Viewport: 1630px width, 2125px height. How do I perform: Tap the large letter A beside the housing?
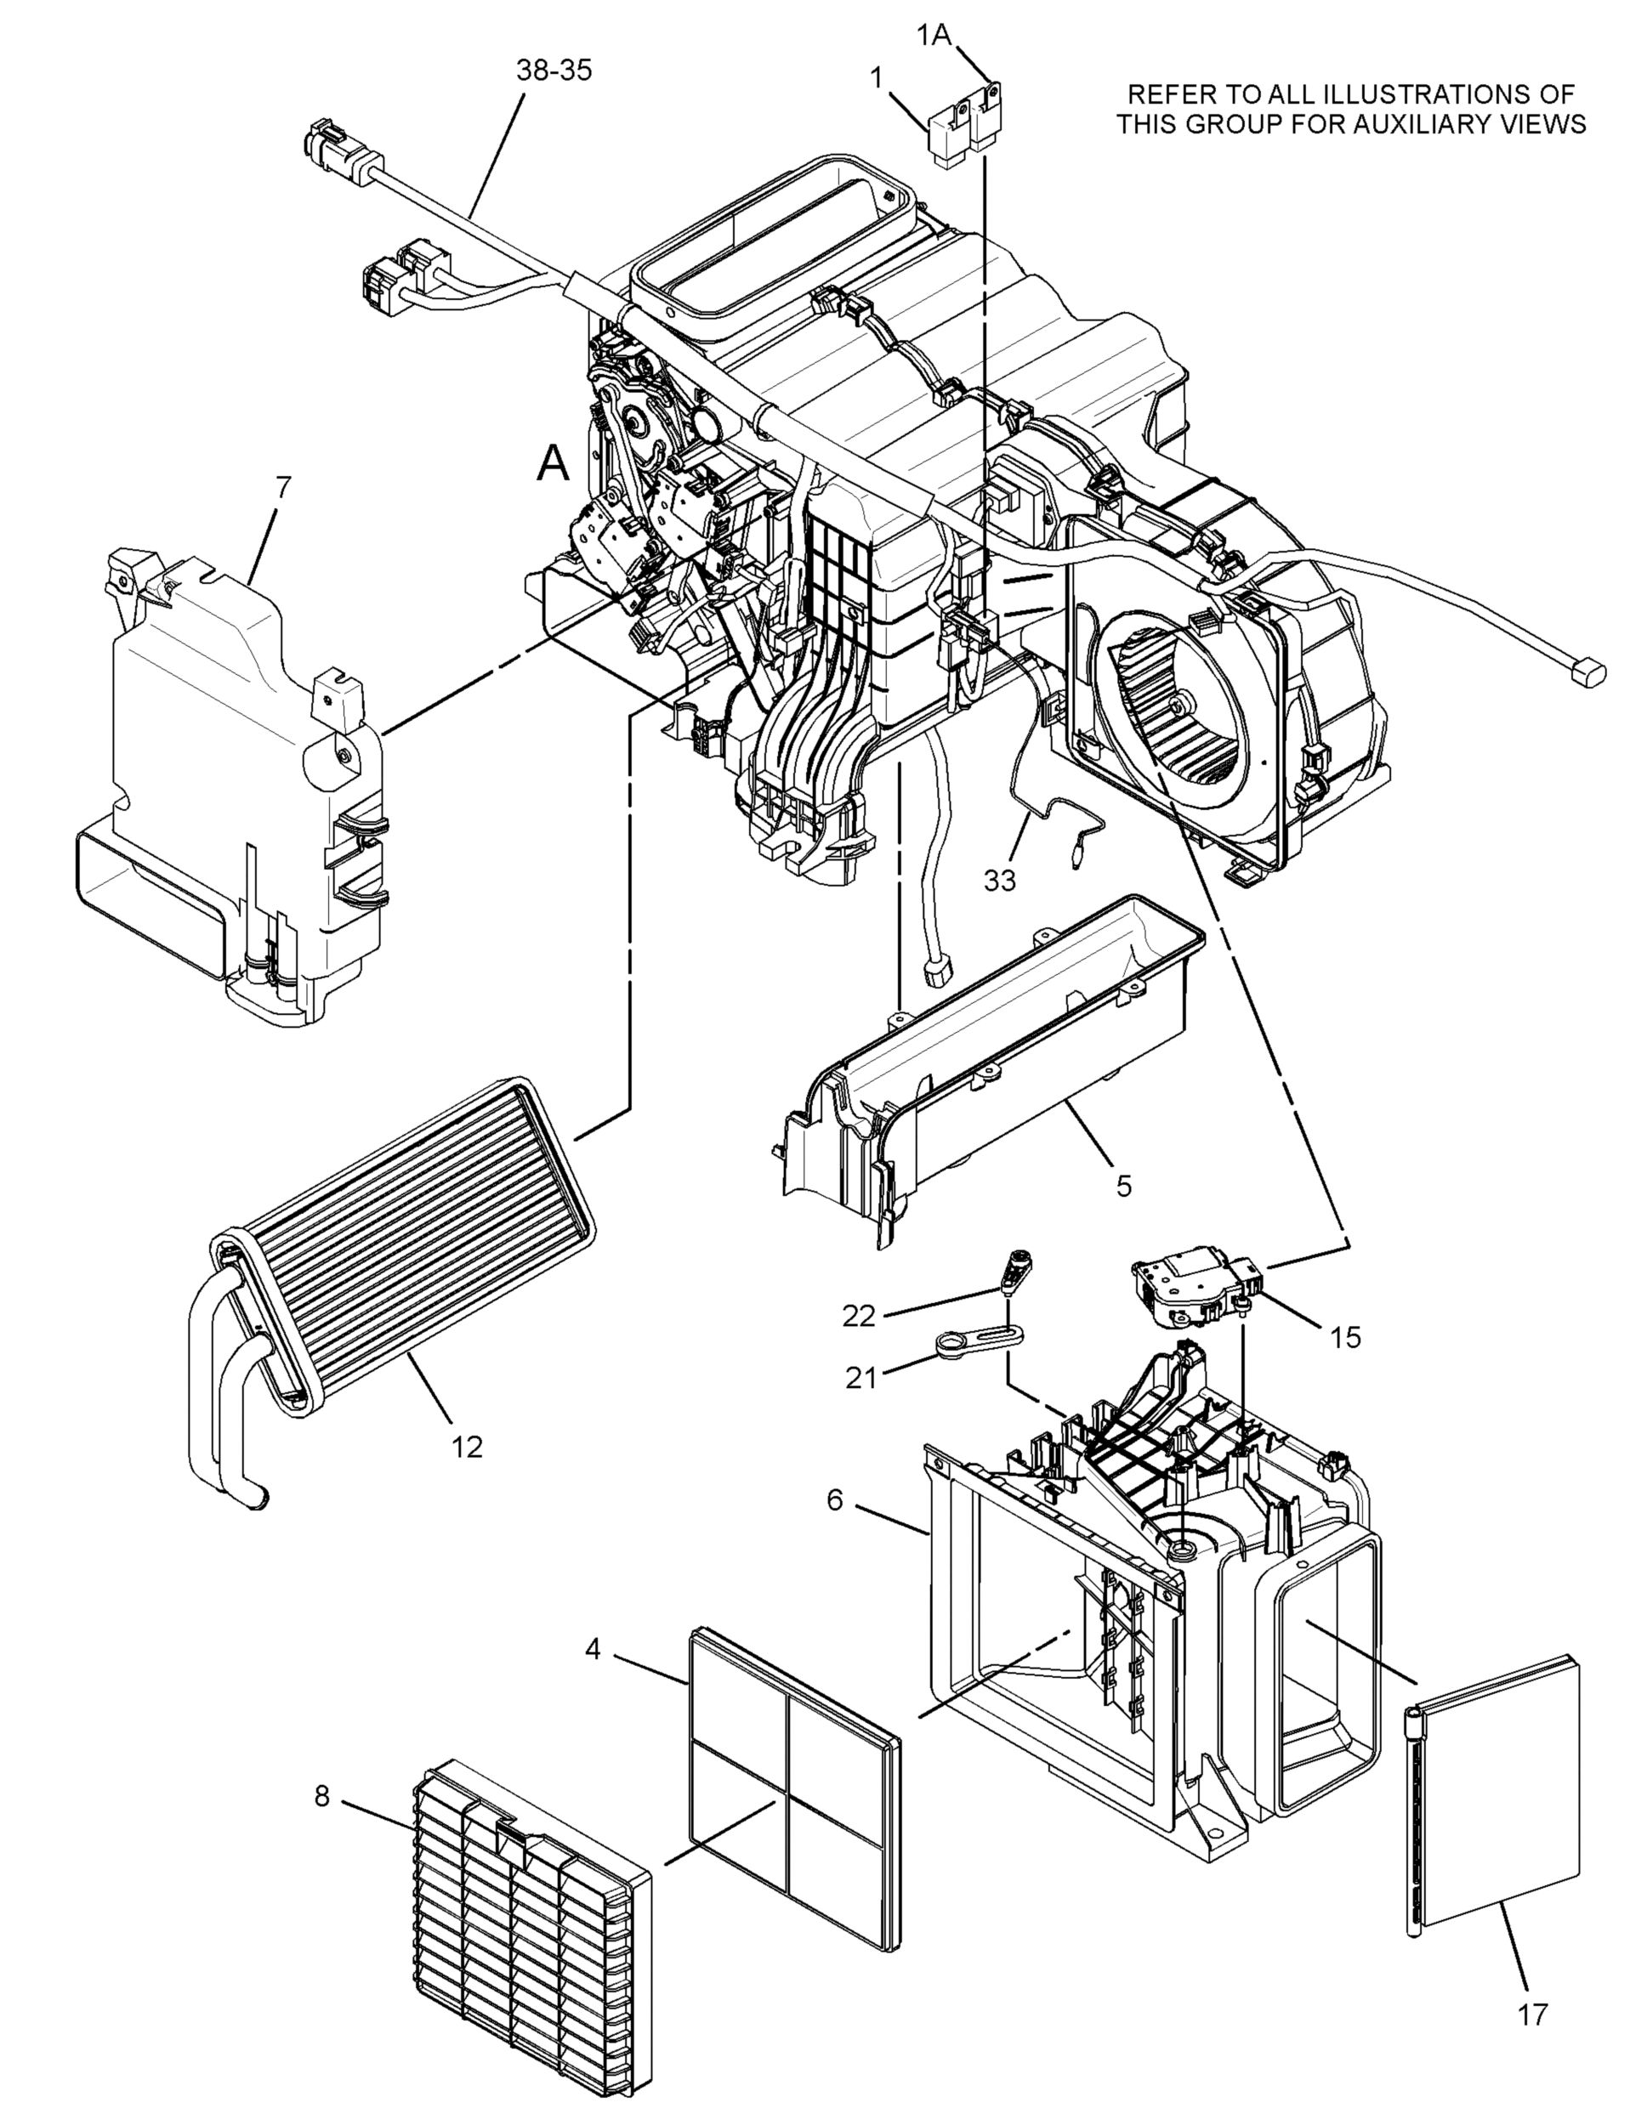(x=554, y=463)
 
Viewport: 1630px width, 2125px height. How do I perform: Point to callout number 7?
(x=282, y=488)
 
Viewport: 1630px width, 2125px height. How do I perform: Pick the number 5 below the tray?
(x=1123, y=1185)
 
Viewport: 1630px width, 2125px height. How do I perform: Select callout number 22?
(x=859, y=1316)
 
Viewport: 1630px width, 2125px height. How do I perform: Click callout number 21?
(x=860, y=1377)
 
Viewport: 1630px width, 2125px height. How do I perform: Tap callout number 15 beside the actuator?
(x=1346, y=1339)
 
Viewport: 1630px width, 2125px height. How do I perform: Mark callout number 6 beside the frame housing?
(x=835, y=1500)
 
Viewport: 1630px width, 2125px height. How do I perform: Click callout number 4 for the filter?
(x=593, y=1649)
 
